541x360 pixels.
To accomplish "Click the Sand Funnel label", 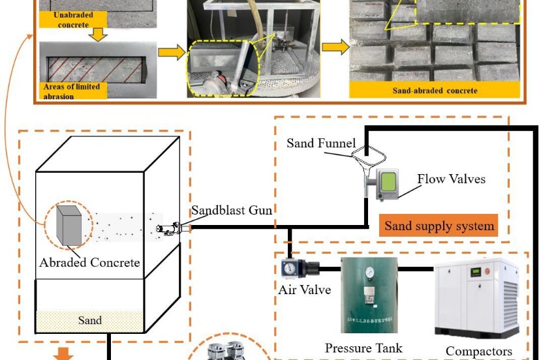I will click(321, 143).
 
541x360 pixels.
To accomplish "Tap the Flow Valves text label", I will click(452, 179).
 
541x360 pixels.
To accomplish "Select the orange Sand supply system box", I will click(438, 226).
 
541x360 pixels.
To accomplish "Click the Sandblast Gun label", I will click(231, 210).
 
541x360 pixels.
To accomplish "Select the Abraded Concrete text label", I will click(89, 263).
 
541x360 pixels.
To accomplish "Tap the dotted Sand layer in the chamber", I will click(89, 320).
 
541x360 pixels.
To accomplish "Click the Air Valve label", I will click(305, 289).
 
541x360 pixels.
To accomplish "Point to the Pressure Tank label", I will click(363, 348).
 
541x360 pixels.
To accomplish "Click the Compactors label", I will click(478, 351).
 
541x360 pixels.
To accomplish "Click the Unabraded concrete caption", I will click(66, 20).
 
